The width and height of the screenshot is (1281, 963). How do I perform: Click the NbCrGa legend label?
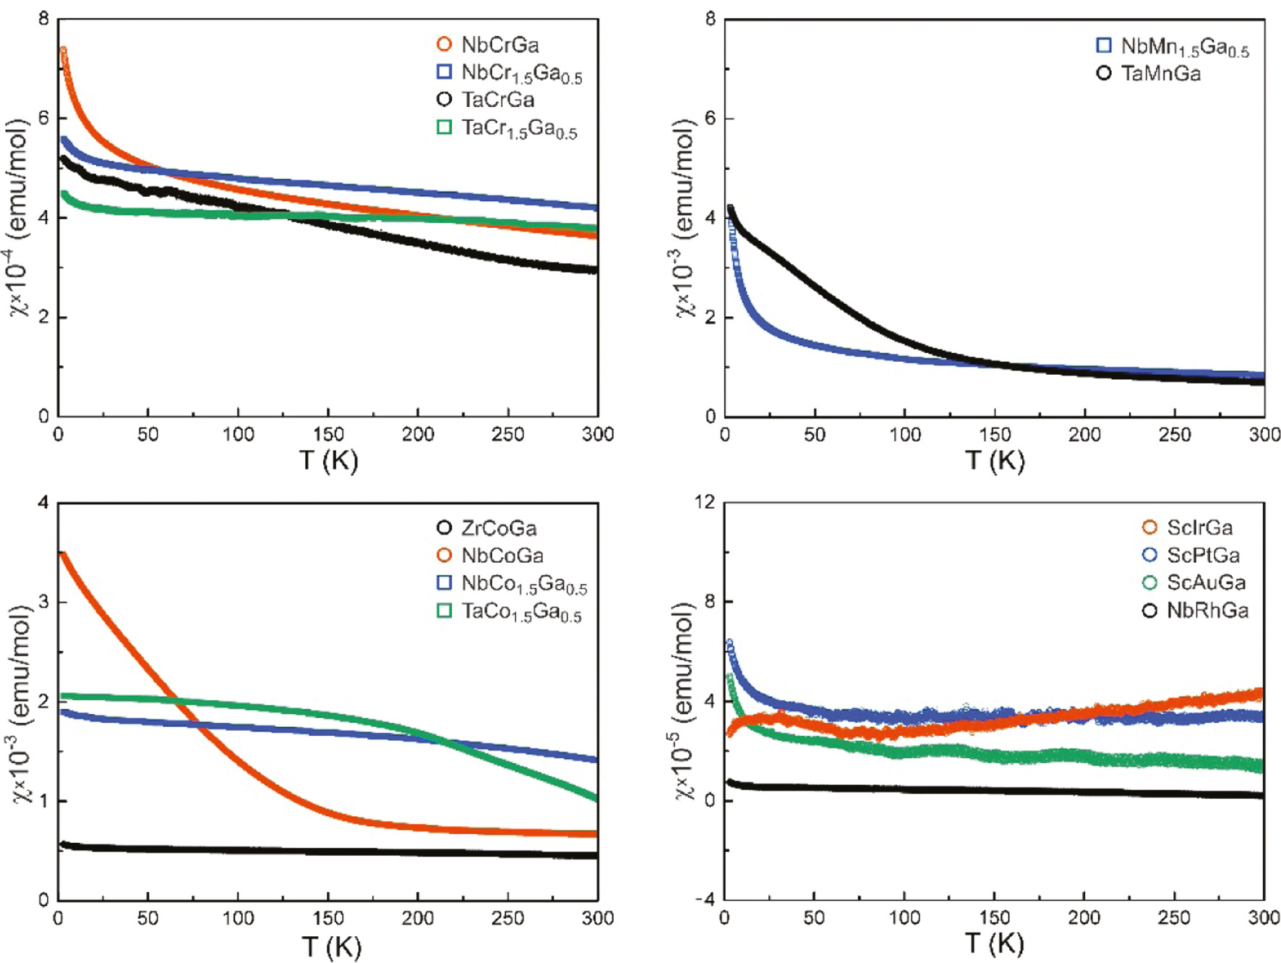pyautogui.click(x=500, y=45)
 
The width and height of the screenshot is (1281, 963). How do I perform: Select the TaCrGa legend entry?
pyautogui.click(x=497, y=100)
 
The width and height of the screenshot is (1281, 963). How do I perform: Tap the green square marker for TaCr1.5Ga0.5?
pyautogui.click(x=445, y=127)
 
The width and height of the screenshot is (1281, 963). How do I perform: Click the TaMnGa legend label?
pyautogui.click(x=1160, y=74)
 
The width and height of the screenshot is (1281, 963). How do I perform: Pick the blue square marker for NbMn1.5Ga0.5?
pyautogui.click(x=1104, y=46)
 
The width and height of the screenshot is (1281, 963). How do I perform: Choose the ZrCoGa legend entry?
pyautogui.click(x=499, y=528)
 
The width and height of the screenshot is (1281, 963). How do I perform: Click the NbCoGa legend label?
pyautogui.click(x=502, y=556)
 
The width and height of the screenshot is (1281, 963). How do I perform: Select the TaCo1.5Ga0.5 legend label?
pyautogui.click(x=520, y=612)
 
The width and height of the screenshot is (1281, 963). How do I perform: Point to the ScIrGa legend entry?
pyautogui.click(x=1199, y=527)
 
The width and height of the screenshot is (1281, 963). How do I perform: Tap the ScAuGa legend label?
pyautogui.click(x=1206, y=582)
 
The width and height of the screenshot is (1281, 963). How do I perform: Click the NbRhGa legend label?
pyautogui.click(x=1207, y=611)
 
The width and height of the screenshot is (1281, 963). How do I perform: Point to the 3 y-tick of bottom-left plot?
pyautogui.click(x=43, y=601)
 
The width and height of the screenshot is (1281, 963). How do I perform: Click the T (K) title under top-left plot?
pyautogui.click(x=328, y=460)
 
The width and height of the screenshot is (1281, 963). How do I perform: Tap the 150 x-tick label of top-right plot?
pyautogui.click(x=995, y=435)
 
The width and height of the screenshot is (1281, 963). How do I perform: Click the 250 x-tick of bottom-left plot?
pyautogui.click(x=507, y=918)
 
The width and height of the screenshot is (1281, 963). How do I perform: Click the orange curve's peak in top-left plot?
pyautogui.click(x=63, y=51)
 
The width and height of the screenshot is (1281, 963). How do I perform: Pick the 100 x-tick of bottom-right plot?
pyautogui.click(x=904, y=918)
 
